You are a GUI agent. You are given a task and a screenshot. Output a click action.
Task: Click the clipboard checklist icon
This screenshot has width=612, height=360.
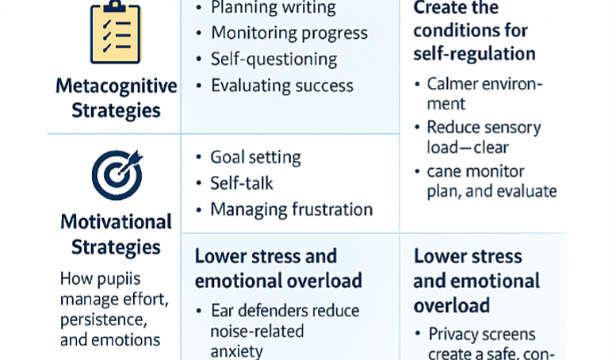pos(116,32)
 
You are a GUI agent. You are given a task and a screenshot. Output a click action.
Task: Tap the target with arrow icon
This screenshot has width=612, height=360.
pos(117,174)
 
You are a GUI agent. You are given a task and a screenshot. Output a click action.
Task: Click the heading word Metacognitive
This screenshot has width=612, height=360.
pos(117,86)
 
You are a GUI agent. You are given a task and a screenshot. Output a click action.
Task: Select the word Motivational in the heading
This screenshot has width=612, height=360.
pos(116,222)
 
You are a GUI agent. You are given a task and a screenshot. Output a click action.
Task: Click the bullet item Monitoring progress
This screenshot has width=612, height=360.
pos(289,33)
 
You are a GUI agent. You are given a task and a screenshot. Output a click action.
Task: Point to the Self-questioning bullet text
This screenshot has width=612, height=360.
pos(274,59)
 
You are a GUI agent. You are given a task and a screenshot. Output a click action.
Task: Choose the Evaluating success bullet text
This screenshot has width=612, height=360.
pos(282,86)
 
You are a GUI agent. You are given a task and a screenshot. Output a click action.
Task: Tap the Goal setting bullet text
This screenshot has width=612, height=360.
pos(255,158)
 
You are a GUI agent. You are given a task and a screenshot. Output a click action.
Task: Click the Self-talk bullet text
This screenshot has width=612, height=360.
pos(242,183)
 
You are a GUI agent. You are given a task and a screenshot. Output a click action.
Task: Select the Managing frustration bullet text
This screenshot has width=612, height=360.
pos(292,209)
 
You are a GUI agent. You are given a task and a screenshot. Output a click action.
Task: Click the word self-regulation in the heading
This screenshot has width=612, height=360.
pos(474,54)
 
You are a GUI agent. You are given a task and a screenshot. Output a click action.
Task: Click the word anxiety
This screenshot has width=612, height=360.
pos(236,352)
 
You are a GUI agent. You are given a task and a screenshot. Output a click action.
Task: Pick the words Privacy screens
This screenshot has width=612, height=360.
pos(482,335)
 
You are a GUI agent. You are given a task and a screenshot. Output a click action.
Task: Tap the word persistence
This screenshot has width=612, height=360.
pos(103,320)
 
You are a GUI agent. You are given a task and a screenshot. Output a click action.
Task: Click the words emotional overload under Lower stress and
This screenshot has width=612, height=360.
pos(278,281)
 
